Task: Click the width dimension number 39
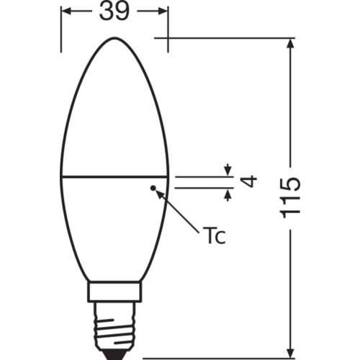115,12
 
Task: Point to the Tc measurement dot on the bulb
153,188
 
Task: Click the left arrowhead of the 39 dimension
66,12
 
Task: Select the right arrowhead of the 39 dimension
163,12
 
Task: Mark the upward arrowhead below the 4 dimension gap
228,192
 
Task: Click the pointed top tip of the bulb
114,36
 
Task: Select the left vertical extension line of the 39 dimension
60,29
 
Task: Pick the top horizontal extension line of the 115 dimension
230,36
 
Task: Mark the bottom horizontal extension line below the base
216,354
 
